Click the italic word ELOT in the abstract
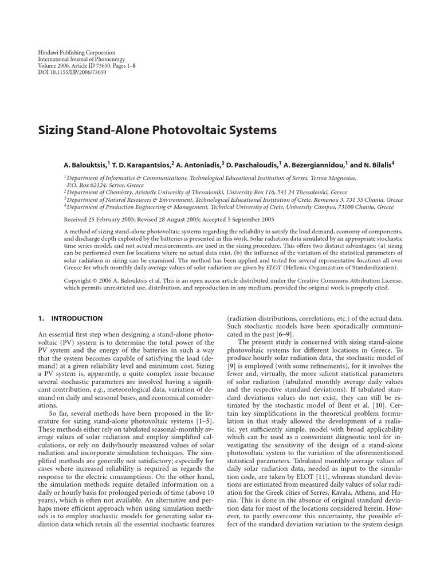point(291,267)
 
